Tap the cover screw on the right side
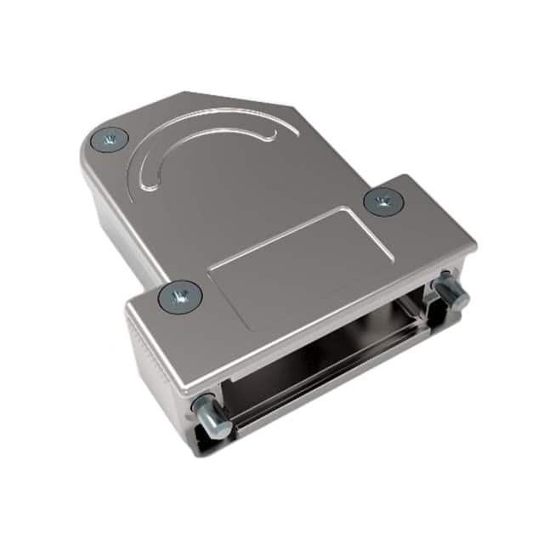pyautogui.click(x=383, y=201)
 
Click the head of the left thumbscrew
pyautogui.click(x=206, y=412)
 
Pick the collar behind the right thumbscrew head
pyautogui.click(x=440, y=282)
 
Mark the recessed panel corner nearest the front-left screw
pyautogui.click(x=212, y=276)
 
